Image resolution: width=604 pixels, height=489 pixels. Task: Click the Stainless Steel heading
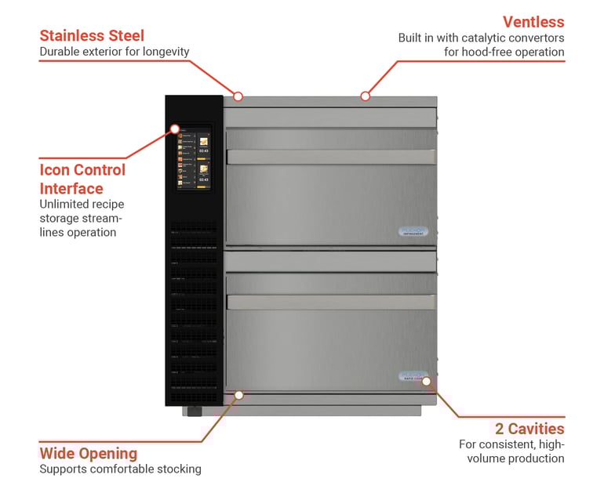92,35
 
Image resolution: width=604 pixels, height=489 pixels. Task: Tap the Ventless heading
533,21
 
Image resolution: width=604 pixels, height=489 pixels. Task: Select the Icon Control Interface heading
82,179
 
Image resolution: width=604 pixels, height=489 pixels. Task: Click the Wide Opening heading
89,453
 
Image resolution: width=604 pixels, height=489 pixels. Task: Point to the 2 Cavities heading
529,429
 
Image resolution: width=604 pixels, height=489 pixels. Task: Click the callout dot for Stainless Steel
238,96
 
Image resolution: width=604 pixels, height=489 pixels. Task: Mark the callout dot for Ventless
365,96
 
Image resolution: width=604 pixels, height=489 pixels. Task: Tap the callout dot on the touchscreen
175,129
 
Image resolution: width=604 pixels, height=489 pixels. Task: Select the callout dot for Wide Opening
239,394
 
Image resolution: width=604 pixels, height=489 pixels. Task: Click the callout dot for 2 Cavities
426,382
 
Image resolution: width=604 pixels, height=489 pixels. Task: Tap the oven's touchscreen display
193,157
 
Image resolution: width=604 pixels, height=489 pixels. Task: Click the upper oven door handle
329,157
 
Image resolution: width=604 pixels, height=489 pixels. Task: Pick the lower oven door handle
329,301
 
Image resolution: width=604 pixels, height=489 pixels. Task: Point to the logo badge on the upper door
413,232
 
